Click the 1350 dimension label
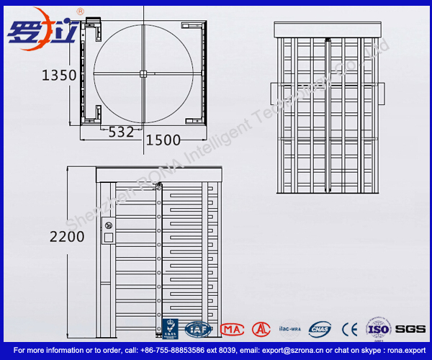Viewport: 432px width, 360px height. tap(60, 74)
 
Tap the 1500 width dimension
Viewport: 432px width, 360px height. tap(163, 139)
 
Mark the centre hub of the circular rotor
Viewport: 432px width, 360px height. tap(143, 73)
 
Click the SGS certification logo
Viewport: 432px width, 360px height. tap(411, 328)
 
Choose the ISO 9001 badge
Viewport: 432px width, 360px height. tap(378, 328)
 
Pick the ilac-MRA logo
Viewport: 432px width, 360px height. tap(289, 328)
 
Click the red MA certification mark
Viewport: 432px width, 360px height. tap(232, 329)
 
